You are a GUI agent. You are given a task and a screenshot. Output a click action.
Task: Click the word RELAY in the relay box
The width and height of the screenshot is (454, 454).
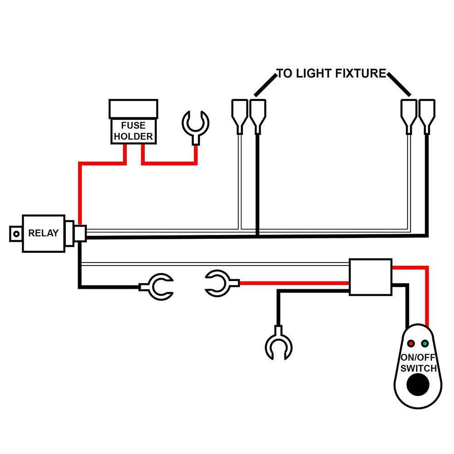tap(44, 233)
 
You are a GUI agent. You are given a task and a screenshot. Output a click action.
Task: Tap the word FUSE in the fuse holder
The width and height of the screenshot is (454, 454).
tap(133, 125)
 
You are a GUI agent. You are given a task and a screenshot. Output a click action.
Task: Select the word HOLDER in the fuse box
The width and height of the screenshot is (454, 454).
tap(133, 136)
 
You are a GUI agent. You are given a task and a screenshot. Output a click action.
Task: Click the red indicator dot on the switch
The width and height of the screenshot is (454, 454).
tap(411, 343)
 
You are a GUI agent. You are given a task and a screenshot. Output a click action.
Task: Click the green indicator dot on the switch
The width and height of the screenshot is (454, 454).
tap(425, 343)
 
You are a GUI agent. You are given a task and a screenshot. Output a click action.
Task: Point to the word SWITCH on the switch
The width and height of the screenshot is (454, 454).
tap(419, 368)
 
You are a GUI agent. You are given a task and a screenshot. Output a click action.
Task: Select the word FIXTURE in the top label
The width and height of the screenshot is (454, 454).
tap(361, 74)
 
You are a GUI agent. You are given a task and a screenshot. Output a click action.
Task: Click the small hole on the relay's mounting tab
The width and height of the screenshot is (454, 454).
tap(16, 234)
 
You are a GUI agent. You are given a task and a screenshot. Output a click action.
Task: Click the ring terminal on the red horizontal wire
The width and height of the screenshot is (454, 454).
tap(222, 283)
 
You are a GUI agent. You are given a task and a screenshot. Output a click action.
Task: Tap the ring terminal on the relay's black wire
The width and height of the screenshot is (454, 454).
tap(157, 286)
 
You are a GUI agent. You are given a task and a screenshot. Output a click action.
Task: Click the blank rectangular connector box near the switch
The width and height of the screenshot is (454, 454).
tap(370, 277)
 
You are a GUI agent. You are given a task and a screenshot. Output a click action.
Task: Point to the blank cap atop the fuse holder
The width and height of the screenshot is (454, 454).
tap(133, 109)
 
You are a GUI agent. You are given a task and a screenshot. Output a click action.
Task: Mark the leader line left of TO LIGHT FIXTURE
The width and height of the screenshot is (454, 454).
tap(266, 85)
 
